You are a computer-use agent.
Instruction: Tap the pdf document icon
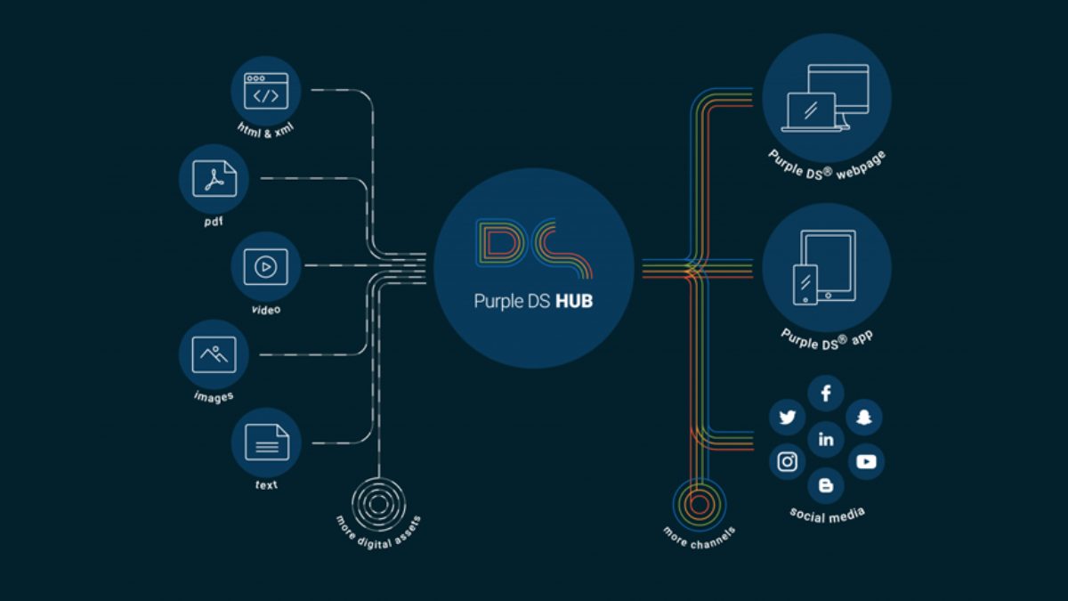coord(214,178)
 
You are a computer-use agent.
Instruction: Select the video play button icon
coord(266,266)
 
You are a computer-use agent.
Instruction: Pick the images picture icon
coord(214,354)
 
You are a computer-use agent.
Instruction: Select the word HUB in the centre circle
coord(574,302)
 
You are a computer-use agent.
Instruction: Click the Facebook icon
coord(826,394)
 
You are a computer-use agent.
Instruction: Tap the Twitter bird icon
coord(787,417)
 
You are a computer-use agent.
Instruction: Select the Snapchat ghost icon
coord(864,417)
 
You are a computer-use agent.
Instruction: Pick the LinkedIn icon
coord(826,440)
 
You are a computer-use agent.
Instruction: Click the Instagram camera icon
coord(787,461)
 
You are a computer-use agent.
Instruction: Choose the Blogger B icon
coord(826,485)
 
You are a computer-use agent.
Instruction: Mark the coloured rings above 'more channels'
coord(700,505)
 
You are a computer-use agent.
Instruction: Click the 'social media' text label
coord(828,515)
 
